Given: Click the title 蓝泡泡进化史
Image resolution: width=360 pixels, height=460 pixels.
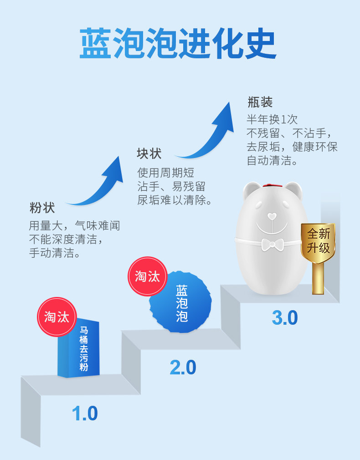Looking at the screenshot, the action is [x=178, y=44].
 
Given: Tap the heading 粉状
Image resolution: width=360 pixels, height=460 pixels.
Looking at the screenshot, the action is [x=42, y=208].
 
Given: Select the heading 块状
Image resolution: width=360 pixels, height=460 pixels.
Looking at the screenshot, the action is [x=149, y=153].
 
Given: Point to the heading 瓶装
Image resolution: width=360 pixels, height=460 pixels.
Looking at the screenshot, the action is [x=260, y=102].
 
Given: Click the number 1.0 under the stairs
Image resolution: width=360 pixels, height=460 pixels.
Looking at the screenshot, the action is [x=85, y=414].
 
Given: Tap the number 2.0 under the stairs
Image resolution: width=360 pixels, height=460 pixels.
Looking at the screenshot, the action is [x=183, y=368].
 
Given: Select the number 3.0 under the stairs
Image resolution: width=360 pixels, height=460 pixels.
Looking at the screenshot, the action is [x=284, y=318].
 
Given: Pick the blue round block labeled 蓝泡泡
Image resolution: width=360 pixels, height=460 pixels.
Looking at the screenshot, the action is [x=181, y=302].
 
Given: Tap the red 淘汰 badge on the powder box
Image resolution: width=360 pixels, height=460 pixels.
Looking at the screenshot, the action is [x=57, y=317].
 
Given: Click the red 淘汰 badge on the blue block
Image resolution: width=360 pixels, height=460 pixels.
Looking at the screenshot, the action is [x=147, y=276].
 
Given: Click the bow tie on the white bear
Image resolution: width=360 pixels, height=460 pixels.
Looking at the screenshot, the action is [x=272, y=244].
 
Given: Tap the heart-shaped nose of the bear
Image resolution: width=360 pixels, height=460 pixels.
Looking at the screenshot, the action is [x=272, y=215].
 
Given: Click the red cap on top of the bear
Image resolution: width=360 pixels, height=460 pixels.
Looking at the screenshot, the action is [x=272, y=185].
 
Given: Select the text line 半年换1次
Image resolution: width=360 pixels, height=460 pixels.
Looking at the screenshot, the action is [x=272, y=119].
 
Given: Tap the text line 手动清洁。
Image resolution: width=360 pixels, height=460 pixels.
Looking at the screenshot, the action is [x=55, y=253].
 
